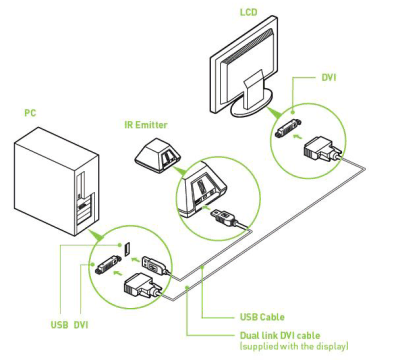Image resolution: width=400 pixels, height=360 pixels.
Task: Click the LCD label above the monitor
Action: click(x=249, y=12)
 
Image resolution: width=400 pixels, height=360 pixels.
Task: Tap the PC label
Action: click(x=30, y=113)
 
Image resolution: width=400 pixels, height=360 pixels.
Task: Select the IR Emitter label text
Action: click(x=146, y=125)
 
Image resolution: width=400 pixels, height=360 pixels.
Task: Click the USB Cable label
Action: click(x=262, y=317)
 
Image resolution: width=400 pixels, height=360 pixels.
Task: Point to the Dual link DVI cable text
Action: click(x=280, y=335)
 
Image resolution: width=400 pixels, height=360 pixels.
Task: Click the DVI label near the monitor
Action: click(x=329, y=78)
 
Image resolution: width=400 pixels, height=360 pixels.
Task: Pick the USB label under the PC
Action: click(x=60, y=324)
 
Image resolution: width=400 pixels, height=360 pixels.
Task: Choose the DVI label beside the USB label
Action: click(x=81, y=324)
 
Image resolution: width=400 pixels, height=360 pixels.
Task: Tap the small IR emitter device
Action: click(x=157, y=155)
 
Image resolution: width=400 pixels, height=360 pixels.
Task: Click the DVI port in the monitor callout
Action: click(x=288, y=128)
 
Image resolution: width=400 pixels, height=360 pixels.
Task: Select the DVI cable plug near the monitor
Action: click(x=322, y=149)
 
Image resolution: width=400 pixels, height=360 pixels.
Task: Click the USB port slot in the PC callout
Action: click(x=127, y=249)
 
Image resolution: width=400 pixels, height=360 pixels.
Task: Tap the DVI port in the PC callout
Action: click(x=107, y=265)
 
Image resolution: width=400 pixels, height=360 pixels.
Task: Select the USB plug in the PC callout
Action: click(x=154, y=265)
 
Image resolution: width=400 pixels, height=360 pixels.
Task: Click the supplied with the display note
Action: click(x=294, y=346)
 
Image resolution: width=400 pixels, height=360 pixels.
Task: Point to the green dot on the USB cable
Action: click(x=203, y=266)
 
